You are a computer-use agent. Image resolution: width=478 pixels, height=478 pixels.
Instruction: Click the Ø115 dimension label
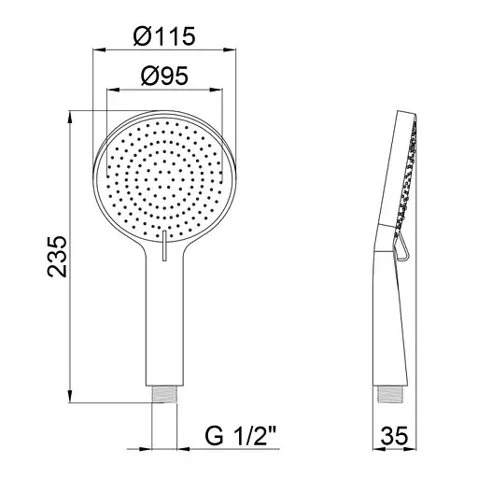click(x=164, y=36)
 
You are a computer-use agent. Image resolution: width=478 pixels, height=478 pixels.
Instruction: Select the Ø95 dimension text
click(x=164, y=76)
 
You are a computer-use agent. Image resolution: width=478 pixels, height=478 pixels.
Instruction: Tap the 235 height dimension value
click(x=57, y=257)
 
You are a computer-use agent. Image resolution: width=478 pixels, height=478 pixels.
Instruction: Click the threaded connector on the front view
click(x=164, y=394)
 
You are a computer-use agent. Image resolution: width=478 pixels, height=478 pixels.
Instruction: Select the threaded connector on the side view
click(x=391, y=394)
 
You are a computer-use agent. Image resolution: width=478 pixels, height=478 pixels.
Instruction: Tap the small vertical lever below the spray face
click(x=164, y=246)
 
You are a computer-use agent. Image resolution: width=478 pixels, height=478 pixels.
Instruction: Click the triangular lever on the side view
click(x=401, y=246)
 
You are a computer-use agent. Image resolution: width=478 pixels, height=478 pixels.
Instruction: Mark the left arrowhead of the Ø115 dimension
click(x=100, y=49)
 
